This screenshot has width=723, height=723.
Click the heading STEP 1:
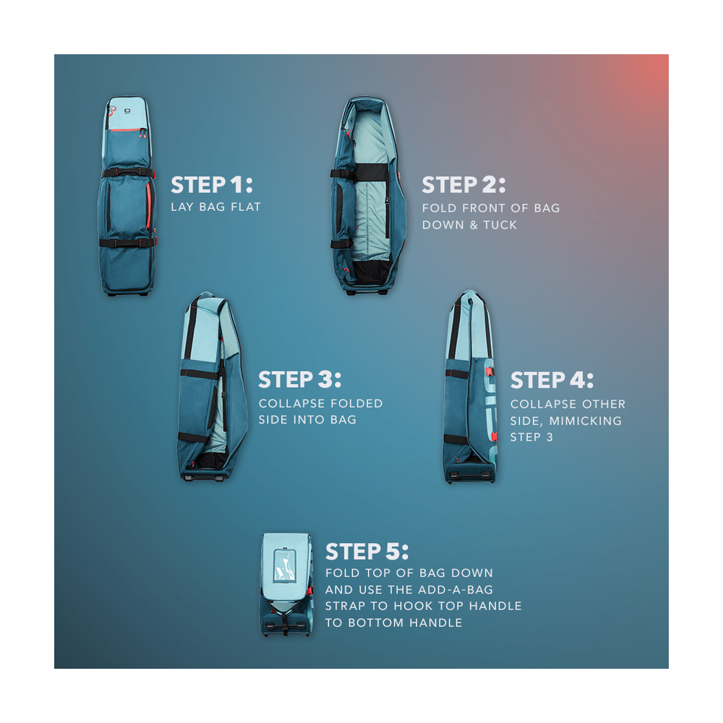pyautogui.click(x=212, y=185)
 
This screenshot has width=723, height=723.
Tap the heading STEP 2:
pyautogui.click(x=463, y=185)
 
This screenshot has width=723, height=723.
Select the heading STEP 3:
pyautogui.click(x=300, y=380)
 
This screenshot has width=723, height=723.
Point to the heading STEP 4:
pyautogui.click(x=552, y=380)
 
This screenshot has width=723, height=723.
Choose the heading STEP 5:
pyautogui.click(x=367, y=552)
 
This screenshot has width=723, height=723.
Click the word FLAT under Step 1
pyautogui.click(x=246, y=207)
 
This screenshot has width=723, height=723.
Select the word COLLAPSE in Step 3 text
pyautogui.click(x=291, y=403)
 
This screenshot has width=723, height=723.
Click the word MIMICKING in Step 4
pyautogui.click(x=585, y=421)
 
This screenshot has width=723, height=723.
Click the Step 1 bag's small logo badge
pyautogui.click(x=127, y=111)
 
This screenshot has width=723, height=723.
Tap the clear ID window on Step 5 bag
pyautogui.click(x=284, y=565)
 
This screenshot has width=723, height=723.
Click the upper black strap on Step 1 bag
pyautogui.click(x=128, y=174)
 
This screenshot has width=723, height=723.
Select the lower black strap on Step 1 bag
pyautogui.click(x=128, y=242)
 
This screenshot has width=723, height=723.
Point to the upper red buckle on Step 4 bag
pyautogui.click(x=489, y=372)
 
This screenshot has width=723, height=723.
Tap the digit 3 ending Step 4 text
pyautogui.click(x=549, y=437)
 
